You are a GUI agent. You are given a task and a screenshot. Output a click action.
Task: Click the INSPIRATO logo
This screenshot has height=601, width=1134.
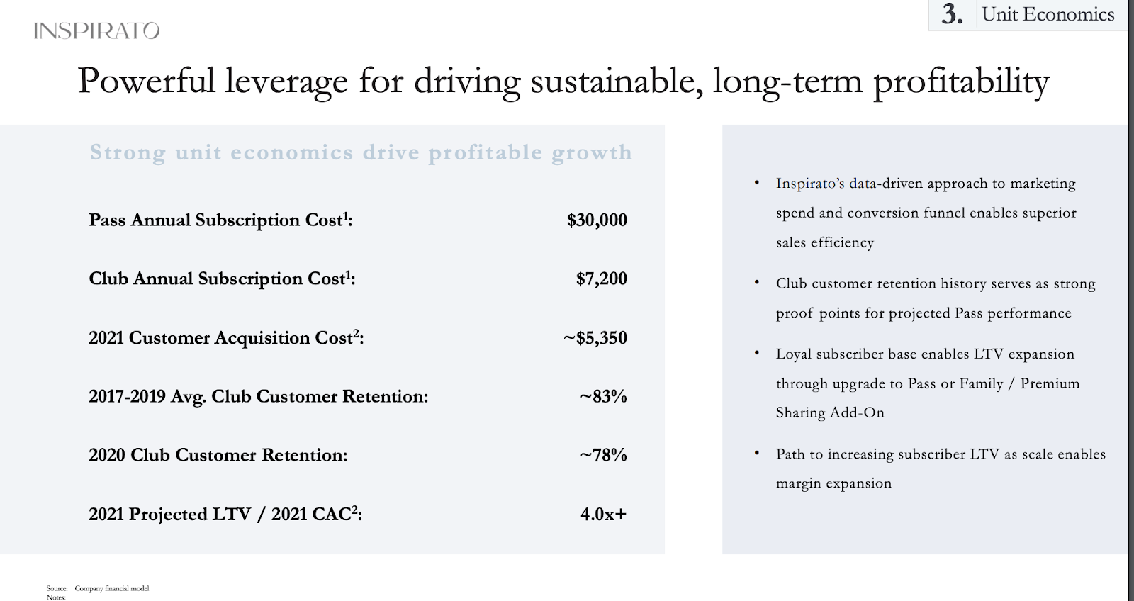coord(96,31)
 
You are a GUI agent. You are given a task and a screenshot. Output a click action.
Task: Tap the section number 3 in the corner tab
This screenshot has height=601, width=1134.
coord(952,14)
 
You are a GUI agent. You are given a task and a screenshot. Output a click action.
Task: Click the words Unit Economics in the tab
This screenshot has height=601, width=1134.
coord(1048,14)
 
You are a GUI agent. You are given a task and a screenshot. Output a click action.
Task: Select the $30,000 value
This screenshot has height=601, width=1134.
coord(597,220)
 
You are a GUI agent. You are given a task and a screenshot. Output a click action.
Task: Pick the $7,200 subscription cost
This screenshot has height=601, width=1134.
coord(602,279)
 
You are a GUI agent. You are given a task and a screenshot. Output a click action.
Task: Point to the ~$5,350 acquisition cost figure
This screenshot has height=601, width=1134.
coord(595,338)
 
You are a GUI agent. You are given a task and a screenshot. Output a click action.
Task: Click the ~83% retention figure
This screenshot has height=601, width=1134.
coord(603,396)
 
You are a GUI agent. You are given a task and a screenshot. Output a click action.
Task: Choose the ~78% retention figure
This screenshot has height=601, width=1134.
coord(603,455)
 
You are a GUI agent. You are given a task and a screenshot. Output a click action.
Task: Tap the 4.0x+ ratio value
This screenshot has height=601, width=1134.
coord(603,514)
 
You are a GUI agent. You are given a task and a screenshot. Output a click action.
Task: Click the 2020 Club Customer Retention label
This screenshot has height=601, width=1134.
coord(218,455)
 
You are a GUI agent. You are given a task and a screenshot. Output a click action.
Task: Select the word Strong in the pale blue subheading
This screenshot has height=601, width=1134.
coord(128,153)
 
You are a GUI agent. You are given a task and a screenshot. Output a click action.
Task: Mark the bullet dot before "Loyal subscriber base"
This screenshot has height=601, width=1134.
coord(757,352)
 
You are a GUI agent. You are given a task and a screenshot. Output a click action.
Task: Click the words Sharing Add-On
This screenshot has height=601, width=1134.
coord(830,412)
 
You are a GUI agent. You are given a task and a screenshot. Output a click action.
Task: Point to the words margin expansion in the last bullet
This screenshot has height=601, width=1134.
coord(833,483)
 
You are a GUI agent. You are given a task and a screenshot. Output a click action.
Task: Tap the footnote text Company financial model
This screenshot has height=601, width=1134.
coord(112,588)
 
